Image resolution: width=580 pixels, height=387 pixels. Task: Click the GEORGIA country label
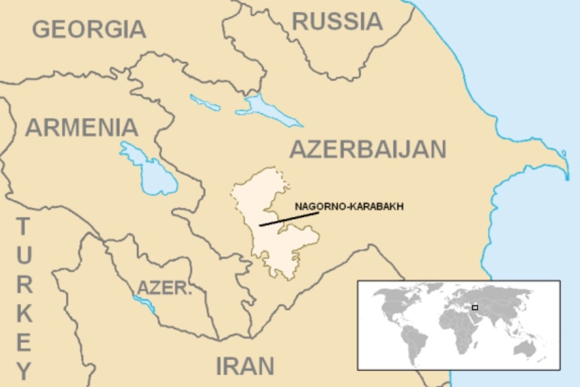(x=89, y=29)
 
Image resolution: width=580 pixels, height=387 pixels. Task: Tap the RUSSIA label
(x=337, y=21)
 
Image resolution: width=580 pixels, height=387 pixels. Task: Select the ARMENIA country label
(x=82, y=127)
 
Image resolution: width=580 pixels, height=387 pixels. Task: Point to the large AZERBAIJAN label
(x=368, y=149)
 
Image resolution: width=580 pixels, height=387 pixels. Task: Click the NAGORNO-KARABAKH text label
(x=349, y=207)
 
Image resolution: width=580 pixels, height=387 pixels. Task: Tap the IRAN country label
(x=245, y=366)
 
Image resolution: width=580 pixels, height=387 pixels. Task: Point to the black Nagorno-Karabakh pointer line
(x=289, y=219)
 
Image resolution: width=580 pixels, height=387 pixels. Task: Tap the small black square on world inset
(x=474, y=307)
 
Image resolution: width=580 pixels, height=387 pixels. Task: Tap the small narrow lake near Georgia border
(x=204, y=102)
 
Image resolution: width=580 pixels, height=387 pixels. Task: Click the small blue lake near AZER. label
(x=144, y=304)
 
